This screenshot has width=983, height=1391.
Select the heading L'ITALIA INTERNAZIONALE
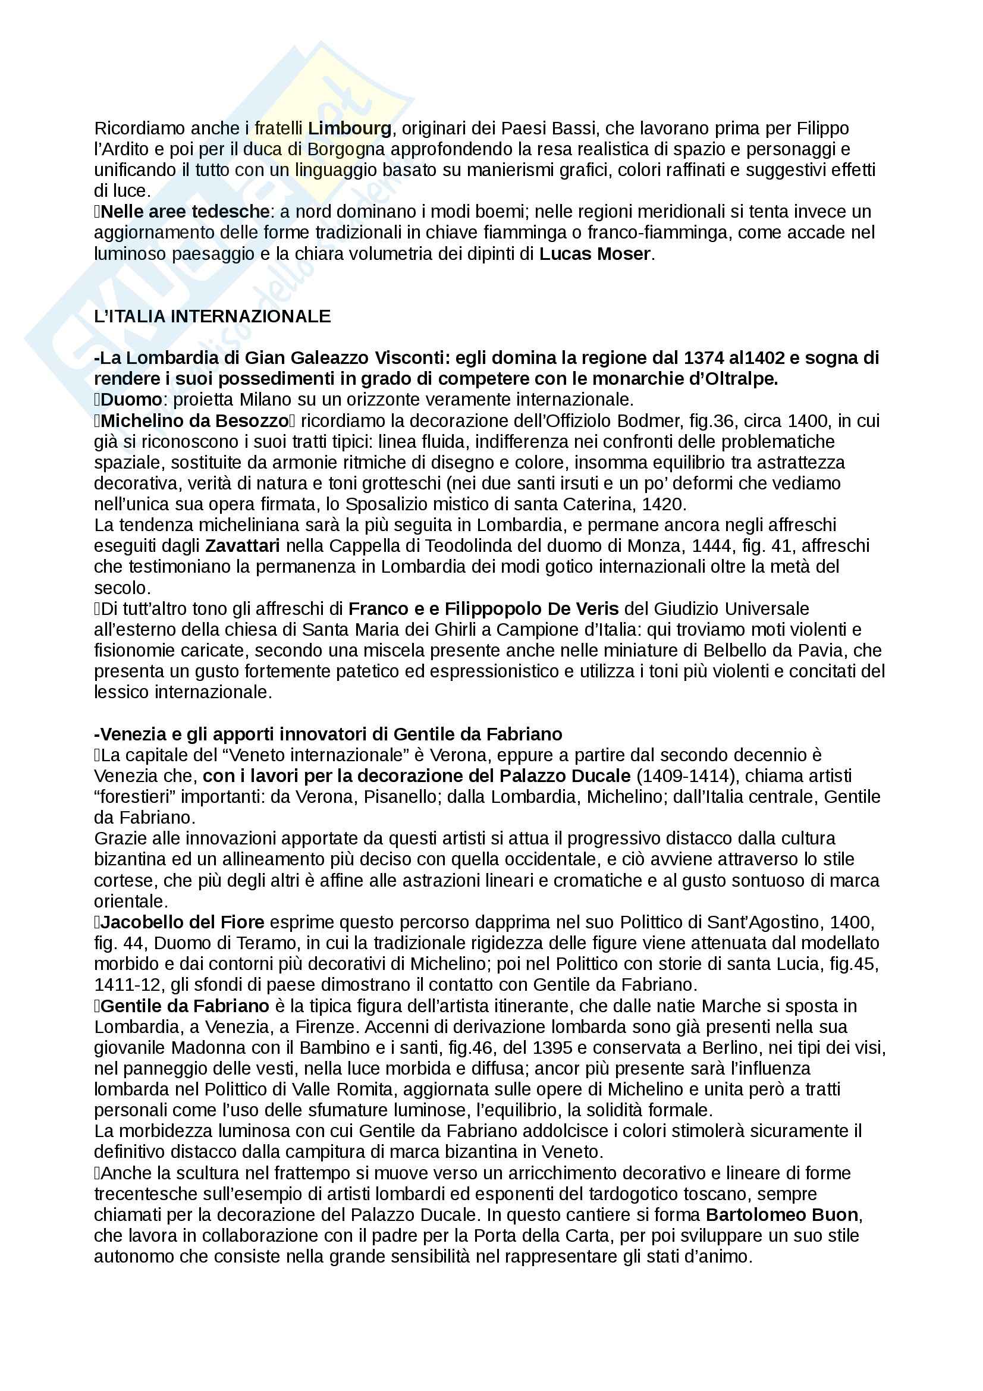coord(212,316)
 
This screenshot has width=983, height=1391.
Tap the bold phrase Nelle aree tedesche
coord(185,212)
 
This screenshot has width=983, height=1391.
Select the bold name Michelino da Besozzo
coord(194,420)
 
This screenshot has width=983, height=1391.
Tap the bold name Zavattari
coord(242,546)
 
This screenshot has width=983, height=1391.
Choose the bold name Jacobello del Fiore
coord(183,922)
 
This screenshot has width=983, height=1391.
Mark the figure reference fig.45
coord(855,964)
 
